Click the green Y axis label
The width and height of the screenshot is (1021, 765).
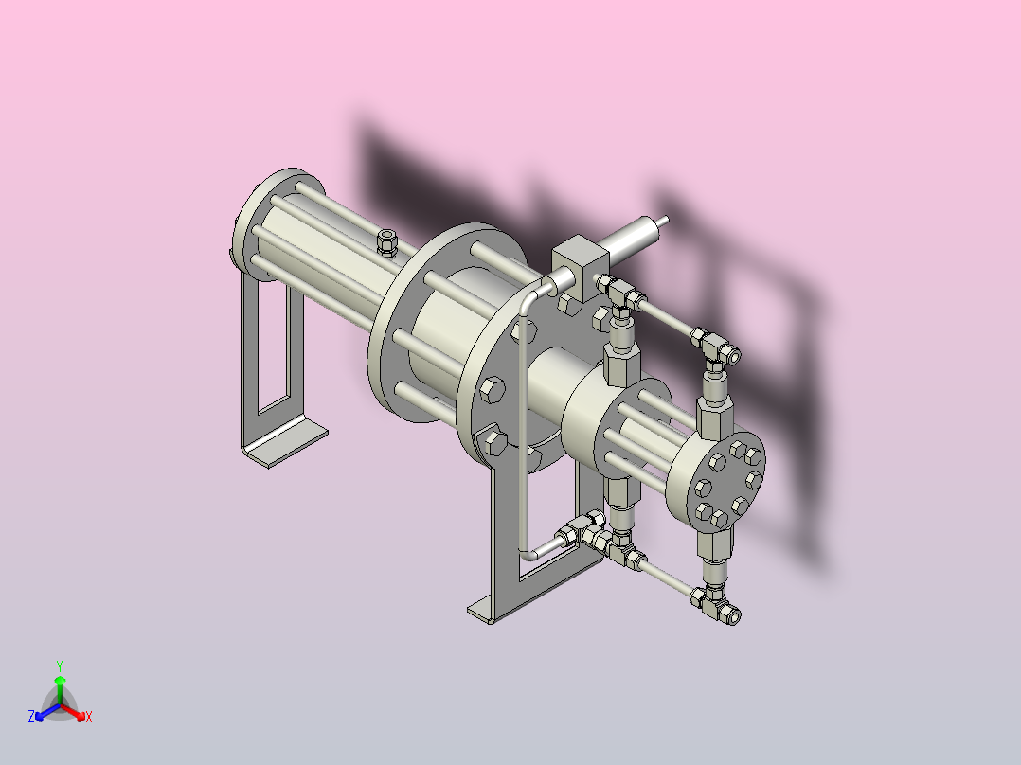point(60,666)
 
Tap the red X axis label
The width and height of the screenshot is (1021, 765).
point(89,717)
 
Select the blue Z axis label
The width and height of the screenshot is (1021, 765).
point(31,717)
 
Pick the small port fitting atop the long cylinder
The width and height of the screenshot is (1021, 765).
point(386,242)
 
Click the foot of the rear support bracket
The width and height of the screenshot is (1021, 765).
point(286,443)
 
